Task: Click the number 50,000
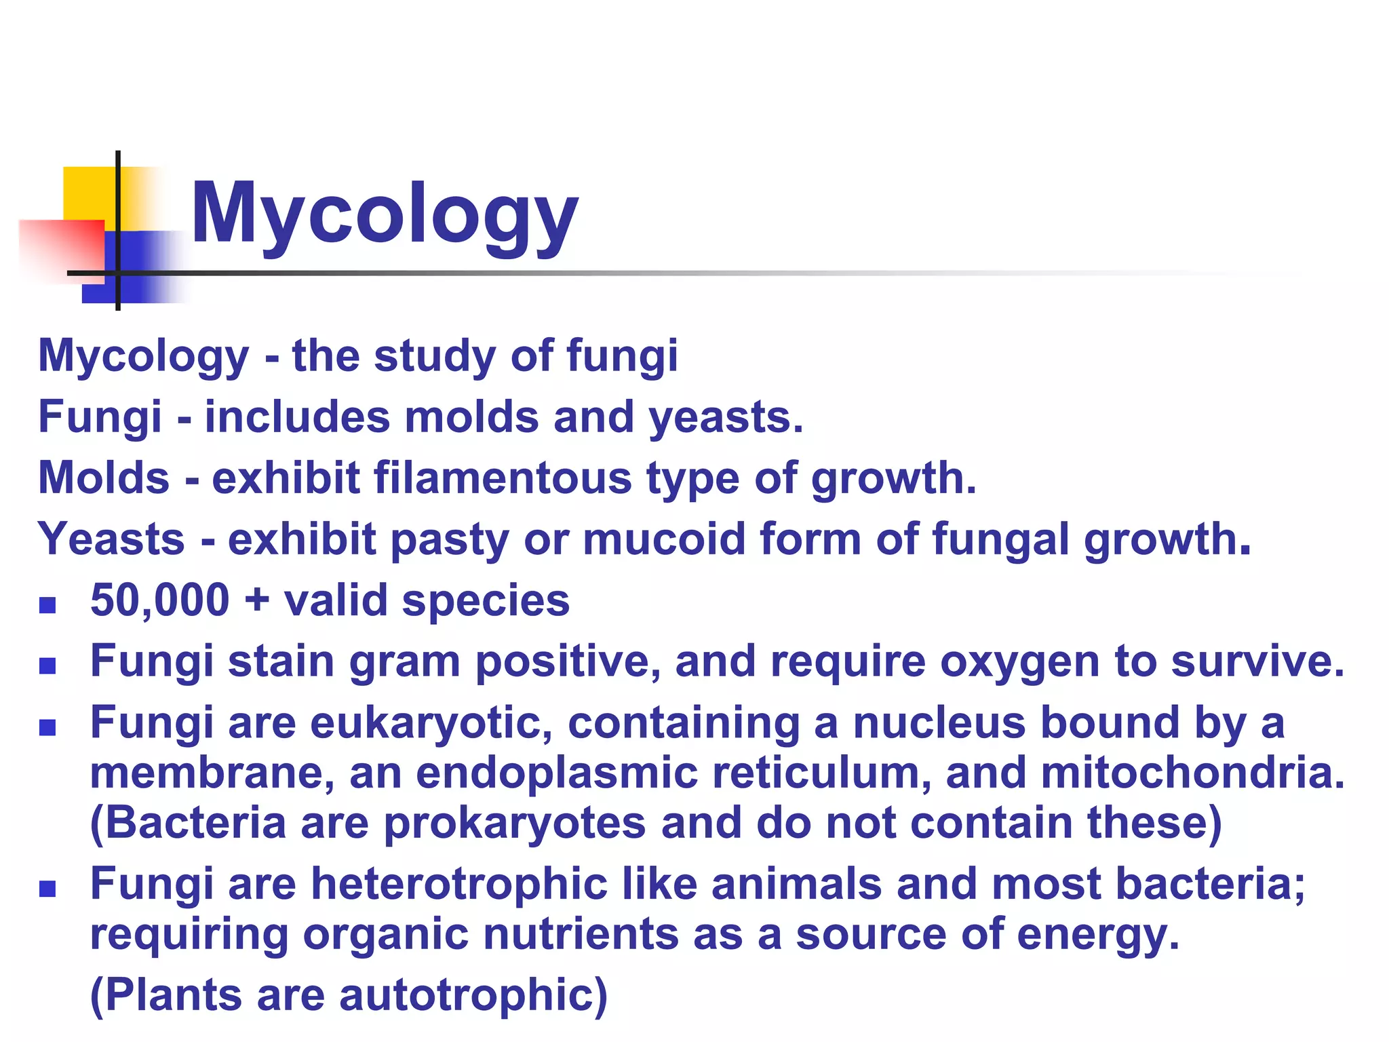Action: (160, 601)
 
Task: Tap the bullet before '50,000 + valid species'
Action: (47, 604)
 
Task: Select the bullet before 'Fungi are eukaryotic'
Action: (47, 727)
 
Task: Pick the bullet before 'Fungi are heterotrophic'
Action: (47, 889)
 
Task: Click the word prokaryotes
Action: (515, 824)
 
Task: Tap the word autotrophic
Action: (473, 996)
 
